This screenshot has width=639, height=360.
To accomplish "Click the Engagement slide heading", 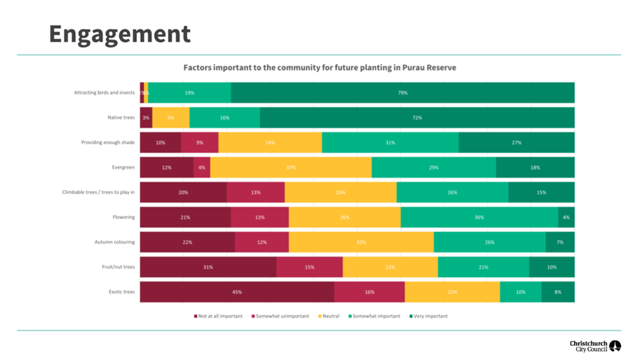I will pyautogui.click(x=119, y=34).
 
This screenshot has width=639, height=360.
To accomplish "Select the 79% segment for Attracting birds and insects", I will pyautogui.click(x=403, y=93).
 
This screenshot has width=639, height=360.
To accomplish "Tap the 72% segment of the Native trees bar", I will pyautogui.click(x=417, y=118).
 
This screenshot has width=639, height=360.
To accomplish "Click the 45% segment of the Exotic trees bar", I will pyautogui.click(x=237, y=292).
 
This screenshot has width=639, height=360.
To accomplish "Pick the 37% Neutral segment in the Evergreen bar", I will pyautogui.click(x=291, y=168).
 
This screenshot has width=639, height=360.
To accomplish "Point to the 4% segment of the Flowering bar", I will pyautogui.click(x=566, y=217).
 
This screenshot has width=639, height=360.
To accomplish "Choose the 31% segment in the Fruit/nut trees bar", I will pyautogui.click(x=208, y=267).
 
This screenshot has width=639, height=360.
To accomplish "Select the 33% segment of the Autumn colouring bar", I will pyautogui.click(x=361, y=242).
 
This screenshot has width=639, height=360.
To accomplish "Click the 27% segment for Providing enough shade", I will pyautogui.click(x=516, y=143).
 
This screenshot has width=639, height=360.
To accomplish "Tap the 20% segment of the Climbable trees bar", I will pyautogui.click(x=183, y=192).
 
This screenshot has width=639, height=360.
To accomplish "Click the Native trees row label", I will pyautogui.click(x=121, y=118).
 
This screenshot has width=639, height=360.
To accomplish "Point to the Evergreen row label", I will pyautogui.click(x=123, y=168).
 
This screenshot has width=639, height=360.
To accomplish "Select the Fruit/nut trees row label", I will pyautogui.click(x=118, y=267).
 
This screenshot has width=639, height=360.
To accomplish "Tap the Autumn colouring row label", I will pyautogui.click(x=115, y=242).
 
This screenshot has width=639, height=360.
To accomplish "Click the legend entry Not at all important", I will pyautogui.click(x=218, y=316).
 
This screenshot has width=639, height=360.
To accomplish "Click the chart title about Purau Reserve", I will pyautogui.click(x=320, y=68).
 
